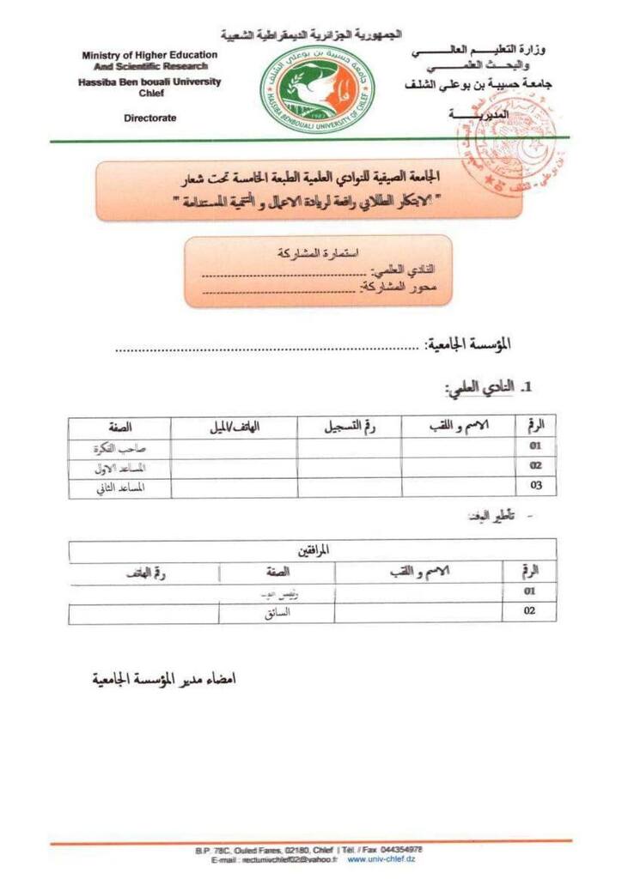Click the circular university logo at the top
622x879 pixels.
306,89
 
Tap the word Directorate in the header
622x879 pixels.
149,118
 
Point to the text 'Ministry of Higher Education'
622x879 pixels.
149,55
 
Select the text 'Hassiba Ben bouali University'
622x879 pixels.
149,82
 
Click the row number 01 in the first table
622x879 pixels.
535,446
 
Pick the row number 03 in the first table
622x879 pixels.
535,487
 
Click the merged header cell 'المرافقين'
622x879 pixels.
312,550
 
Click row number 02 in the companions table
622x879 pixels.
529,611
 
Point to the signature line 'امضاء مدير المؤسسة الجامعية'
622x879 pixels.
164,679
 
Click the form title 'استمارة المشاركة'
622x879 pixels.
319,253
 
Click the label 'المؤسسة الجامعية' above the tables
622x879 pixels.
469,344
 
